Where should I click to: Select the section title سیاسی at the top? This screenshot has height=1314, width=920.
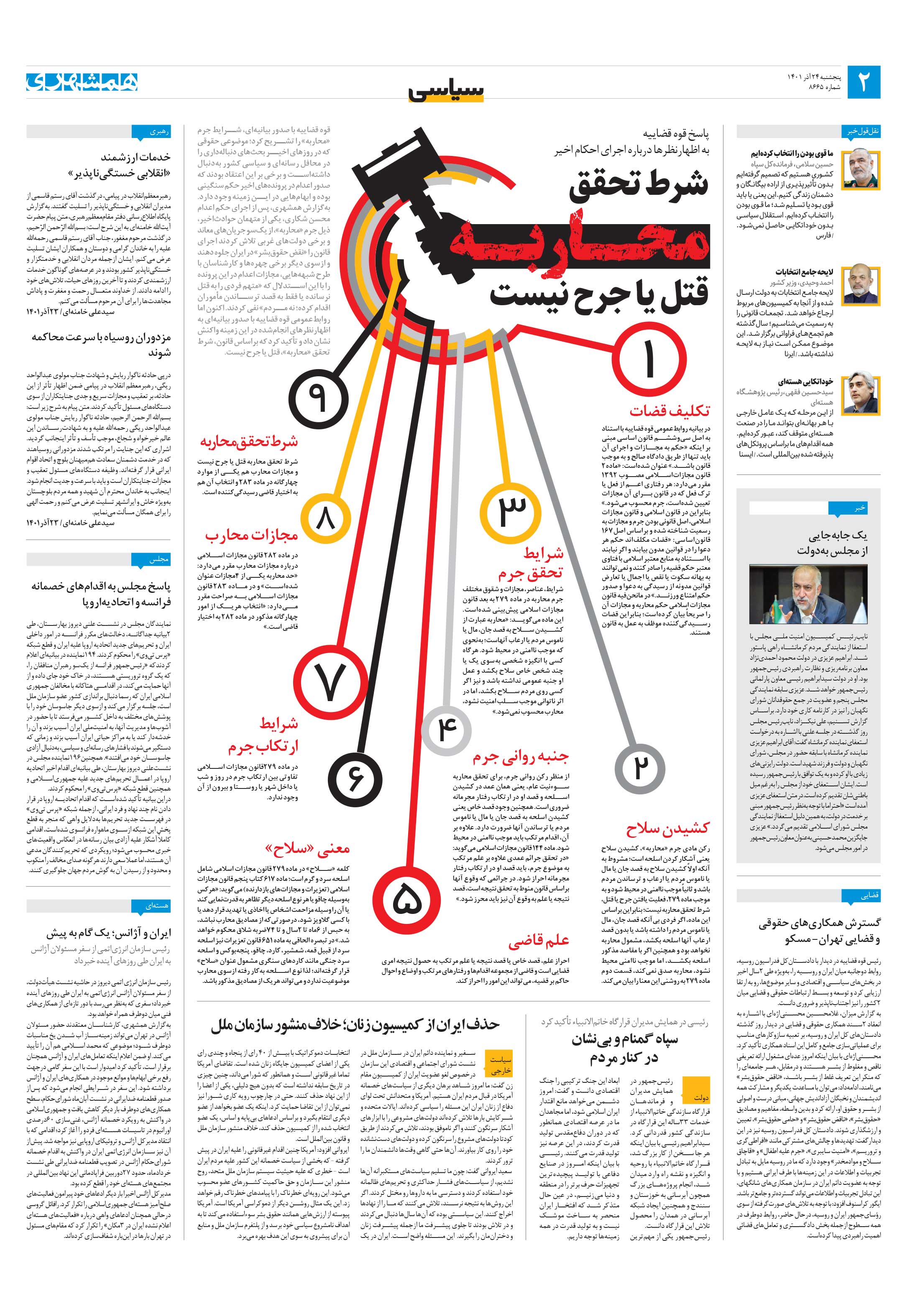click(x=447, y=90)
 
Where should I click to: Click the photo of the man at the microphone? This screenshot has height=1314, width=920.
click(x=808, y=594)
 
